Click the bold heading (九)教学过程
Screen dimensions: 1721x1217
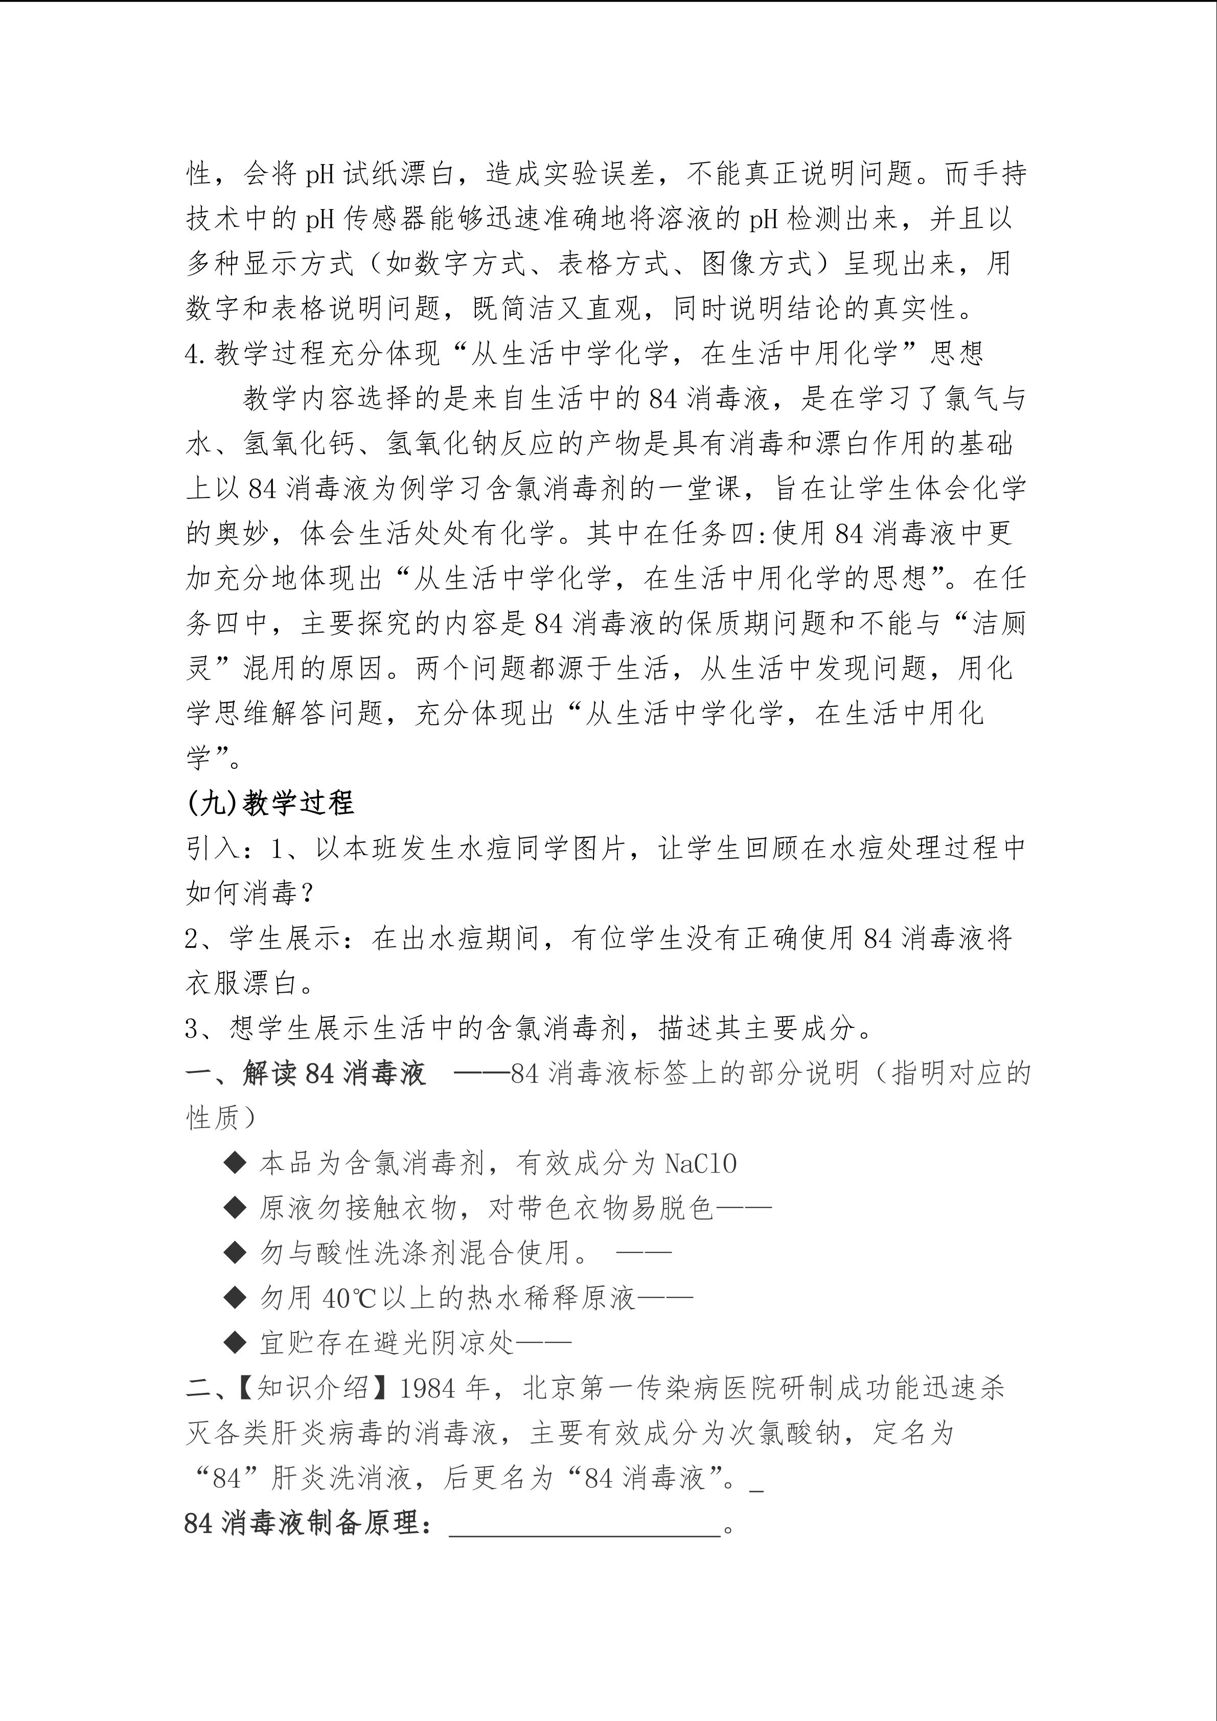pyautogui.click(x=270, y=803)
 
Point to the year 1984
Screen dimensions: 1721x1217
pyautogui.click(x=428, y=1388)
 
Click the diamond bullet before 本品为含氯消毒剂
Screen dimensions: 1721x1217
pyautogui.click(x=235, y=1163)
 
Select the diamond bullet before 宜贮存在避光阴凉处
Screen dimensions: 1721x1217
pyautogui.click(x=235, y=1343)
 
